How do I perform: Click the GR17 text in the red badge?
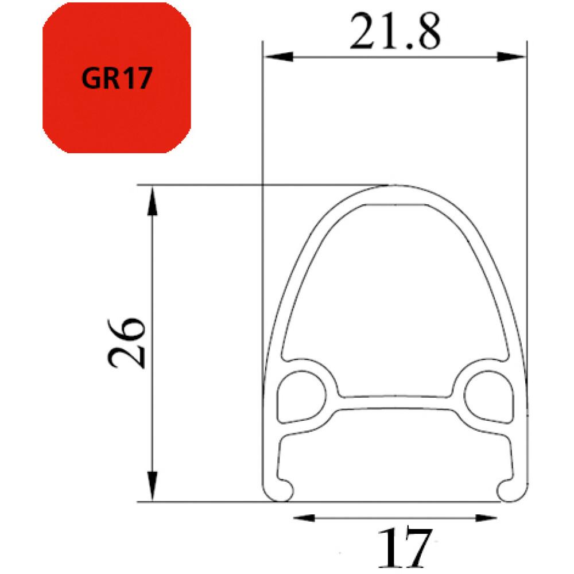coord(117,78)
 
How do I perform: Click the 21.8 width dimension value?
coord(395,32)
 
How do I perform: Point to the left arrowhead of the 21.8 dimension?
coord(278,57)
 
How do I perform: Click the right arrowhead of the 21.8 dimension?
coord(511,57)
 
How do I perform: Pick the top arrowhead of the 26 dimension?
coord(153,200)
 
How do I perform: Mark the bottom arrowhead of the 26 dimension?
coord(153,486)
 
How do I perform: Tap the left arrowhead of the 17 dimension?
coord(304,518)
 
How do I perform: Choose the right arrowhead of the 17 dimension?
coord(486,518)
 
